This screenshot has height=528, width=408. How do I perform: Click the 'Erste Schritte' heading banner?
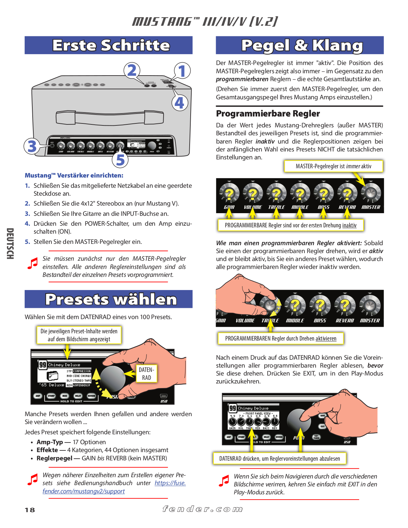click(x=109, y=45)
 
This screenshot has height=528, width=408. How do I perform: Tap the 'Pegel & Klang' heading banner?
click(x=299, y=45)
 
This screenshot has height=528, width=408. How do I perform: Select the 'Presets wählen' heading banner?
click(x=109, y=299)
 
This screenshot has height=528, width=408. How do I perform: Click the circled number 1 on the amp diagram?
click(x=182, y=71)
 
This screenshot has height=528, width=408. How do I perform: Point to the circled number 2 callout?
click(x=132, y=70)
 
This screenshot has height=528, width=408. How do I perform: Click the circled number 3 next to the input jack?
click(x=32, y=146)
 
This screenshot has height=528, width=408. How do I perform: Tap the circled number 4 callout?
click(x=180, y=103)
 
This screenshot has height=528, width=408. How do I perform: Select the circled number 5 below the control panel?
click(x=120, y=160)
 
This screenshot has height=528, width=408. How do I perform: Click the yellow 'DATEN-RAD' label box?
click(x=146, y=374)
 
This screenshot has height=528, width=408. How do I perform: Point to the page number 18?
click(x=30, y=510)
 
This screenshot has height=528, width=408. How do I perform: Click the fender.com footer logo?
click(x=203, y=509)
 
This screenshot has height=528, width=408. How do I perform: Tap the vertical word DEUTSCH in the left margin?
click(x=10, y=244)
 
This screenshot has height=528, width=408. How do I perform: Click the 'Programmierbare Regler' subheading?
click(x=268, y=114)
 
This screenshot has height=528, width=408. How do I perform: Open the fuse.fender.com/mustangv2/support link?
click(x=84, y=491)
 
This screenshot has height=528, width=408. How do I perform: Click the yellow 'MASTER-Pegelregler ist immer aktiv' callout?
click(x=333, y=166)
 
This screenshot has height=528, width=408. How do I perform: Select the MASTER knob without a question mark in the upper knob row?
click(x=371, y=193)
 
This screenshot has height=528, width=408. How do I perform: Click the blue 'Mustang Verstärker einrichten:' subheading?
click(x=74, y=176)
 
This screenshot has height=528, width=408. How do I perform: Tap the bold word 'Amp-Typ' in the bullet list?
click(x=50, y=442)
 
